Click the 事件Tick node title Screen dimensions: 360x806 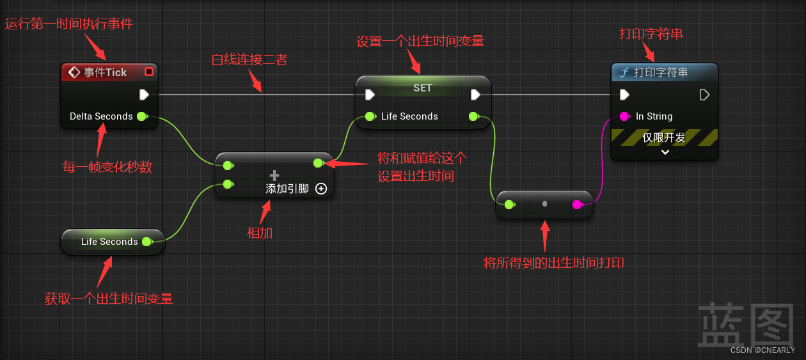tap(106, 72)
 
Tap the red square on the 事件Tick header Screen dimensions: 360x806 tap(149, 72)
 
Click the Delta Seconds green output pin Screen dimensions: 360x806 tap(142, 116)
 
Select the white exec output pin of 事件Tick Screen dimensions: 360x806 tap(144, 95)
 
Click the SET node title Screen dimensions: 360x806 tap(422, 88)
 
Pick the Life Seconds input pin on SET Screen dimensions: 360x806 tap(370, 116)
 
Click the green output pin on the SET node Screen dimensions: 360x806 tap(474, 116)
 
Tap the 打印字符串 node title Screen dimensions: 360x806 tap(661, 72)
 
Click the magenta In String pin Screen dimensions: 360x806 tap(624, 116)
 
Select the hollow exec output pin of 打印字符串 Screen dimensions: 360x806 tap(704, 95)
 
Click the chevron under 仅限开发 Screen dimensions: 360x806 tap(665, 152)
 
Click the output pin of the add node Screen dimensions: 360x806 tap(318, 163)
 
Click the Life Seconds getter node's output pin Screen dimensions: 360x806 tap(146, 242)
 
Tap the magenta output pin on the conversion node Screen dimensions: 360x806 tap(577, 205)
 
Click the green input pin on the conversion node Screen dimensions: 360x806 tap(509, 205)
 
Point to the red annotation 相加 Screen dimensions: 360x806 tap(260, 233)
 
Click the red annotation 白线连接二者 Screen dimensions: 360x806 tap(249, 59)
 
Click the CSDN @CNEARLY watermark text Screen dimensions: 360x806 tap(762, 350)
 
